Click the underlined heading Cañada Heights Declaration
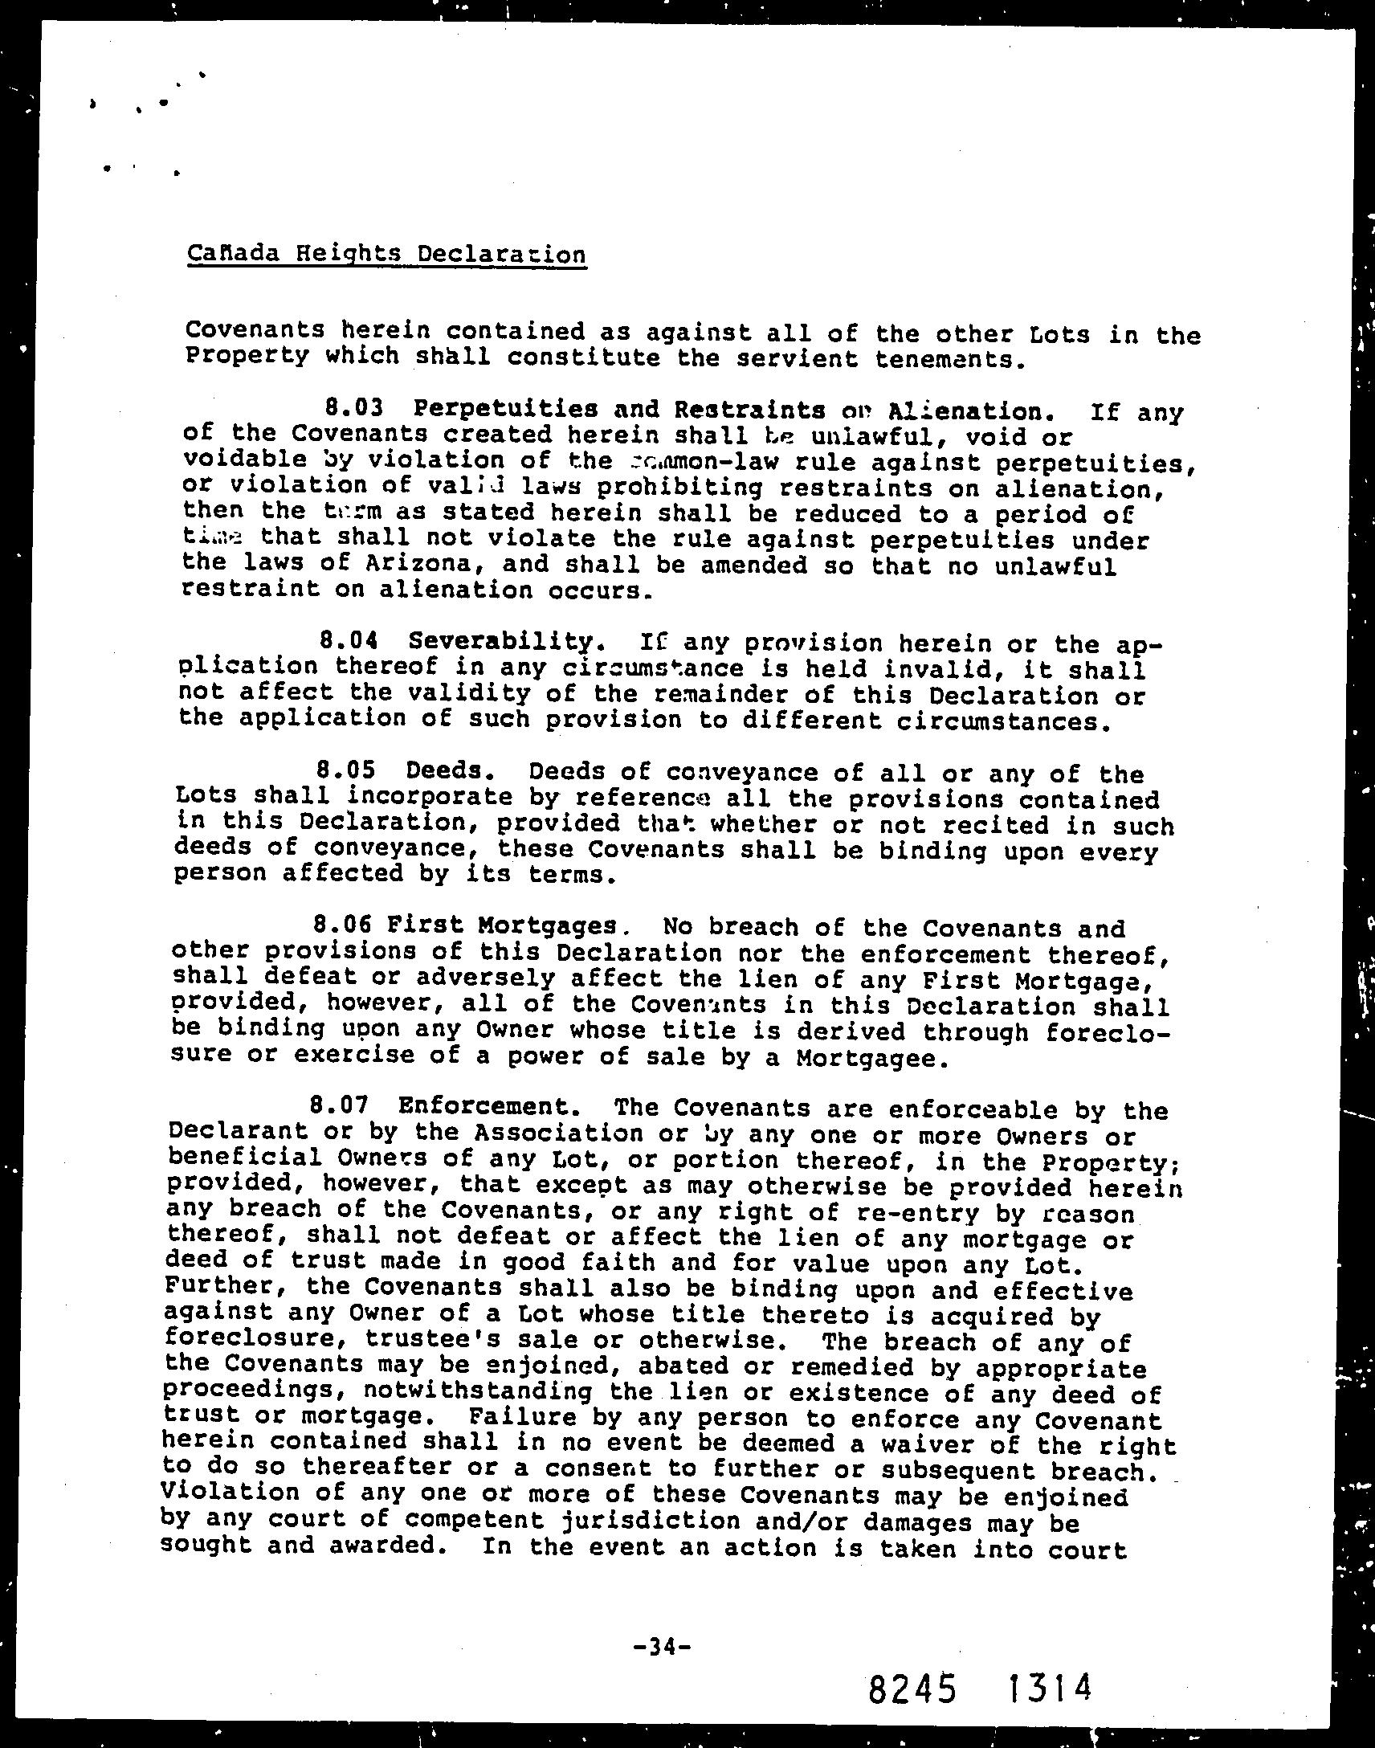(x=386, y=255)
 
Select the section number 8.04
(x=349, y=641)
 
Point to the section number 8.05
(x=346, y=770)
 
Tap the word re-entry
(x=887, y=1211)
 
